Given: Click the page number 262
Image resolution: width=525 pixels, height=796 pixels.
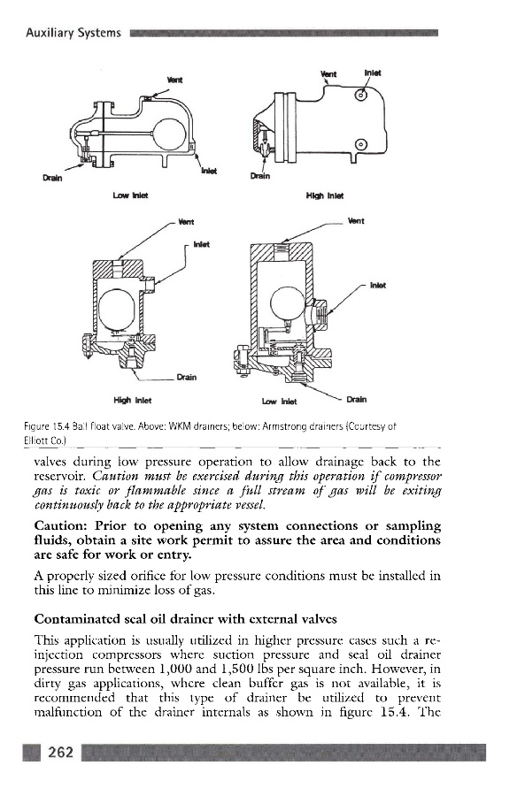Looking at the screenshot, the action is tap(60, 752).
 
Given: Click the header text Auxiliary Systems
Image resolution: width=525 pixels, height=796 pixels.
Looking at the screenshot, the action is tap(73, 34).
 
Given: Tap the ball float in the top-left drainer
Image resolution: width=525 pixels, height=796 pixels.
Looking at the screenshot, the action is tap(169, 134).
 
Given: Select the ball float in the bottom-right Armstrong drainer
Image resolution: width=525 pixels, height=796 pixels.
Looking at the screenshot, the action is tap(287, 303).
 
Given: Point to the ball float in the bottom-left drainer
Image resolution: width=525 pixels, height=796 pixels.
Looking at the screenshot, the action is tap(116, 310).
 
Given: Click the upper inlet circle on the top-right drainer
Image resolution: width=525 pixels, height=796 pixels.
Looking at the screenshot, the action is tap(361, 95).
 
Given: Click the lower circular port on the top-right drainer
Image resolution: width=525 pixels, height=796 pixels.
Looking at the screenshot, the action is tap(360, 145).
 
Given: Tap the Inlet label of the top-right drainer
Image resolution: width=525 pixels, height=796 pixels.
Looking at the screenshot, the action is tap(373, 73).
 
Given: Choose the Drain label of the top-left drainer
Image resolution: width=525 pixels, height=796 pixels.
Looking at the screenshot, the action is tap(52, 178).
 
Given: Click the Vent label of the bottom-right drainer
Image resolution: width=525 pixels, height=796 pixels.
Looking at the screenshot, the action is tap(356, 221).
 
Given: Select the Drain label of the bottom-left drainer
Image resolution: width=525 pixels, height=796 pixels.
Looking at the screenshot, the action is tap(187, 377).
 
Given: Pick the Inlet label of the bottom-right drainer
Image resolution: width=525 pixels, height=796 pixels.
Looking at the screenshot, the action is tap(378, 286).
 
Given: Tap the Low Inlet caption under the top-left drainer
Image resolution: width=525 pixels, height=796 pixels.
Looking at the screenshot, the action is tap(131, 195).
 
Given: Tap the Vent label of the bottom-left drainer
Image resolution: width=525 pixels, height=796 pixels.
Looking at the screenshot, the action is tap(186, 222).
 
